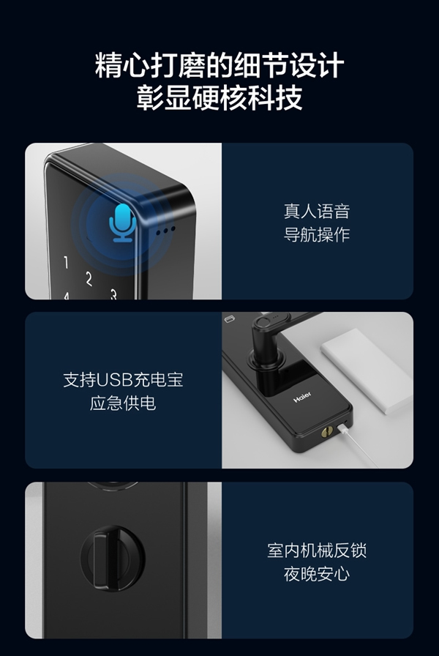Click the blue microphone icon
pos(122,221)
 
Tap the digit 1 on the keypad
pos(66,263)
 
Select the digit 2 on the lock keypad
pos(89,279)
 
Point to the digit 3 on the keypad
pos(113,295)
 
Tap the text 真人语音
pos(317,212)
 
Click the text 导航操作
pos(317,235)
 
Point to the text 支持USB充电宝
pos(122,381)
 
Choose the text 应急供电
pos(122,403)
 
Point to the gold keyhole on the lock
pos(326,432)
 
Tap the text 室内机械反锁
pos(317,551)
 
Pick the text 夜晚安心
pos(317,573)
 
